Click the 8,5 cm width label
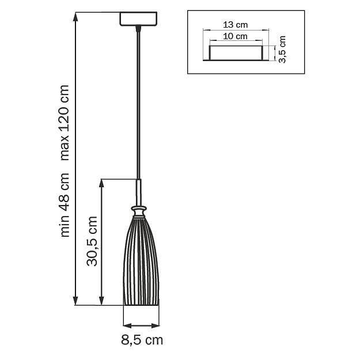[142, 340]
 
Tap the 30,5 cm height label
[93, 241]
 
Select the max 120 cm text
[65, 122]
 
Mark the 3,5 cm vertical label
[282, 50]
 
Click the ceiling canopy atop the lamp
[138, 20]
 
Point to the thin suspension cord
[138, 104]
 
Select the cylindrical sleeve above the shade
[139, 191]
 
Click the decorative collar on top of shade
[139, 209]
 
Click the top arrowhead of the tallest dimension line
[76, 16]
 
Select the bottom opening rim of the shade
[141, 304]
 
